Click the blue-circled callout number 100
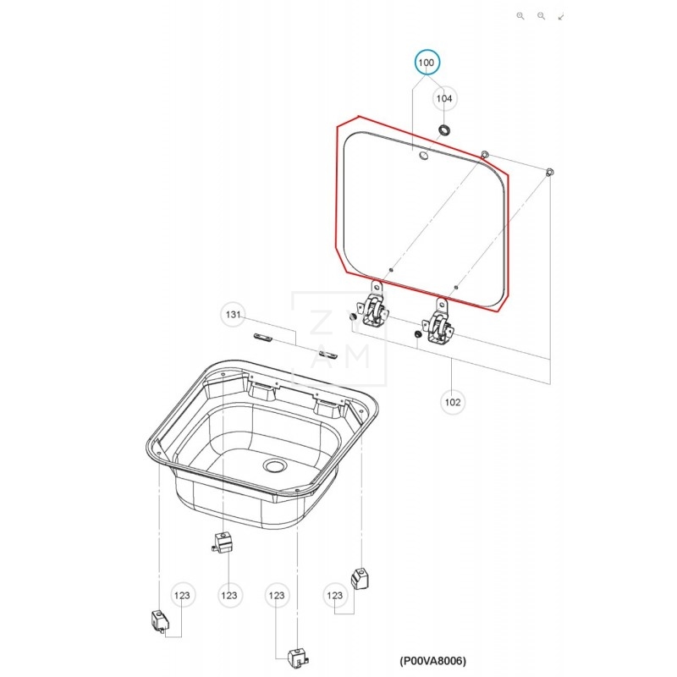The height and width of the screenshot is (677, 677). coord(426,63)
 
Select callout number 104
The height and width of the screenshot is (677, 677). coord(444,99)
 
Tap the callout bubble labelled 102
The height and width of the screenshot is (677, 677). coord(453,402)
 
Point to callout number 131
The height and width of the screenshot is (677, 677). coord(234,315)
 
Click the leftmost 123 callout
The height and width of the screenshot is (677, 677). coord(182,596)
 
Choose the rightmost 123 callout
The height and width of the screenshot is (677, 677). coord(337,597)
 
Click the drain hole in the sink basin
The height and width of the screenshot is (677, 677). coord(274,465)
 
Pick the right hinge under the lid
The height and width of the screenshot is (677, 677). coord(439,326)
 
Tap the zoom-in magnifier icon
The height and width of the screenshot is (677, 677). coord(520,15)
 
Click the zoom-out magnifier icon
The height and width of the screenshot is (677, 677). coord(541,15)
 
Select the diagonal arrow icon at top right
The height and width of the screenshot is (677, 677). coord(561,15)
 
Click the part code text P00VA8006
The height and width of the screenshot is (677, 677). coord(432,660)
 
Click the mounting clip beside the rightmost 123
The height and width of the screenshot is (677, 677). coord(359,580)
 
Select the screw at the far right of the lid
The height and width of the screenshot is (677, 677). coord(550,172)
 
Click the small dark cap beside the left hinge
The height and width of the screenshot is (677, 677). coord(351,316)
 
